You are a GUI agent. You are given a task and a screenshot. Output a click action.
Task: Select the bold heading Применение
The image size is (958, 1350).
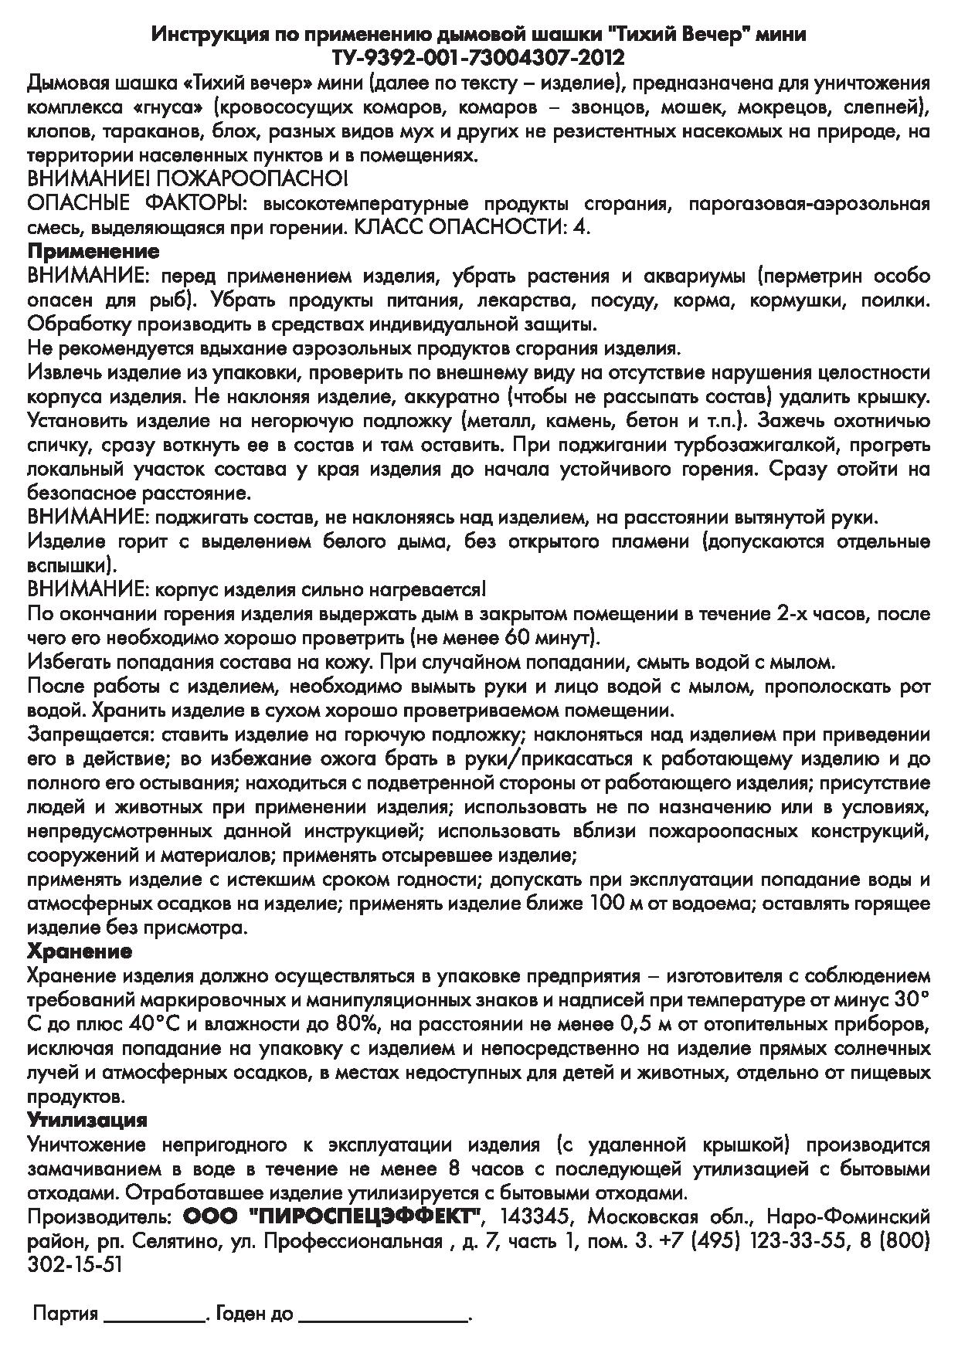[x=93, y=252]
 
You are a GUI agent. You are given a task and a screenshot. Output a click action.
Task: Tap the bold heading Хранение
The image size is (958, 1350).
[x=80, y=950]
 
